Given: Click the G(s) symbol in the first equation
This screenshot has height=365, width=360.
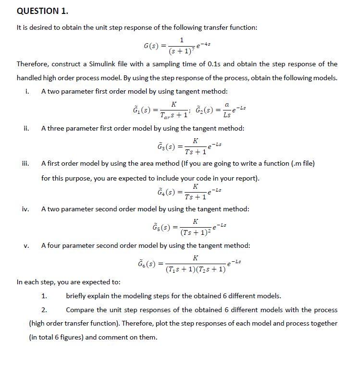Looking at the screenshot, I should tap(152, 47).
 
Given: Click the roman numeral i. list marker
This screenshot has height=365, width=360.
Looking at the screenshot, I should tap(27, 91).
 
